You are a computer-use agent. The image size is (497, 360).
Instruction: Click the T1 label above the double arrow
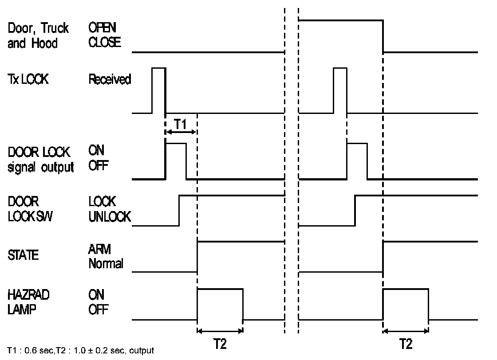[x=180, y=124]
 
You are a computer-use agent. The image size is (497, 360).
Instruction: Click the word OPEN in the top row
[x=102, y=28]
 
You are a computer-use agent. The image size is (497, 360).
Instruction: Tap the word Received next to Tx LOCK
[x=110, y=80]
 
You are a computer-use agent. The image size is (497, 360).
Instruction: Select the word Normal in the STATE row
[x=106, y=264]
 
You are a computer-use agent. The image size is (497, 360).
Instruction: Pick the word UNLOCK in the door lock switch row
[x=110, y=216]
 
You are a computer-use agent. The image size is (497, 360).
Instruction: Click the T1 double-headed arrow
[x=180, y=132]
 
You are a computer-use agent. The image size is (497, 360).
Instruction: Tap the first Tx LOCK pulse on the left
[x=158, y=90]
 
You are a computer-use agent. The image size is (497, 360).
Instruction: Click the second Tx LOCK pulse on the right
[x=340, y=90]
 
